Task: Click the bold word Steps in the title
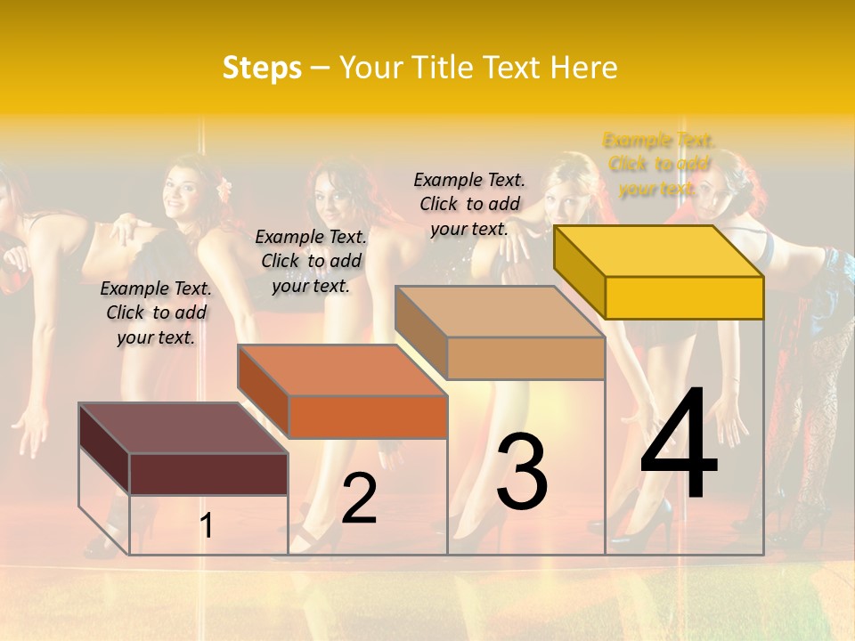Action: pyautogui.click(x=262, y=68)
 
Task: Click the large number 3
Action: pyautogui.click(x=522, y=471)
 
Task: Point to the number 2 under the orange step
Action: pyautogui.click(x=359, y=498)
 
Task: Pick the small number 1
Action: pyautogui.click(x=207, y=525)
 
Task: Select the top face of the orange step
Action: pyautogui.click(x=342, y=370)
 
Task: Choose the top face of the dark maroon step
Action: pyautogui.click(x=183, y=428)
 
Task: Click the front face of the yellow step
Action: pyautogui.click(x=684, y=297)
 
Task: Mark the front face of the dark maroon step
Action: pyautogui.click(x=208, y=474)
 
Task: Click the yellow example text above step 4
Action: pyautogui.click(x=658, y=164)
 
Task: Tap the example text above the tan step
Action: pyautogui.click(x=469, y=204)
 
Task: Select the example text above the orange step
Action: pyautogui.click(x=311, y=261)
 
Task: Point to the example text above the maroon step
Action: pyautogui.click(x=156, y=312)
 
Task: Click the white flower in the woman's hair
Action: pyautogui.click(x=224, y=187)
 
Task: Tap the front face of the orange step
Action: pyautogui.click(x=367, y=417)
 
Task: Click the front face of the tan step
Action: pyautogui.click(x=525, y=358)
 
